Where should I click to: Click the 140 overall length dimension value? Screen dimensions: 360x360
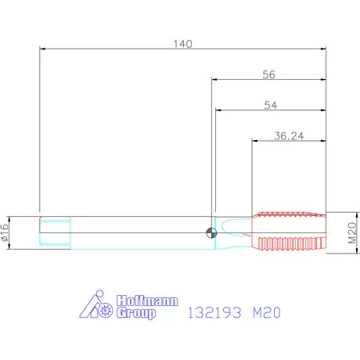pos(183,44)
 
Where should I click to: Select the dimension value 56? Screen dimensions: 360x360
pos(268,74)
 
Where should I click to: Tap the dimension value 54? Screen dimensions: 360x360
pos(271,105)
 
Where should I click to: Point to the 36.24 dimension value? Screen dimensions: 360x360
pos(289,136)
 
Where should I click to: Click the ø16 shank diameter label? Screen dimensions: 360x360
pos(5,232)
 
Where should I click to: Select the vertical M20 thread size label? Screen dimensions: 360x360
pos(352,232)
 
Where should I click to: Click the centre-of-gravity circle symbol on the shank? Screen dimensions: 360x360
pos(211,232)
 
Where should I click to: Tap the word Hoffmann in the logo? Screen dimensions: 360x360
pos(147,301)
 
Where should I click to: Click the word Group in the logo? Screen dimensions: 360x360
pos(136,313)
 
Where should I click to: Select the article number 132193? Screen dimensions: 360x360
pos(214,312)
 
